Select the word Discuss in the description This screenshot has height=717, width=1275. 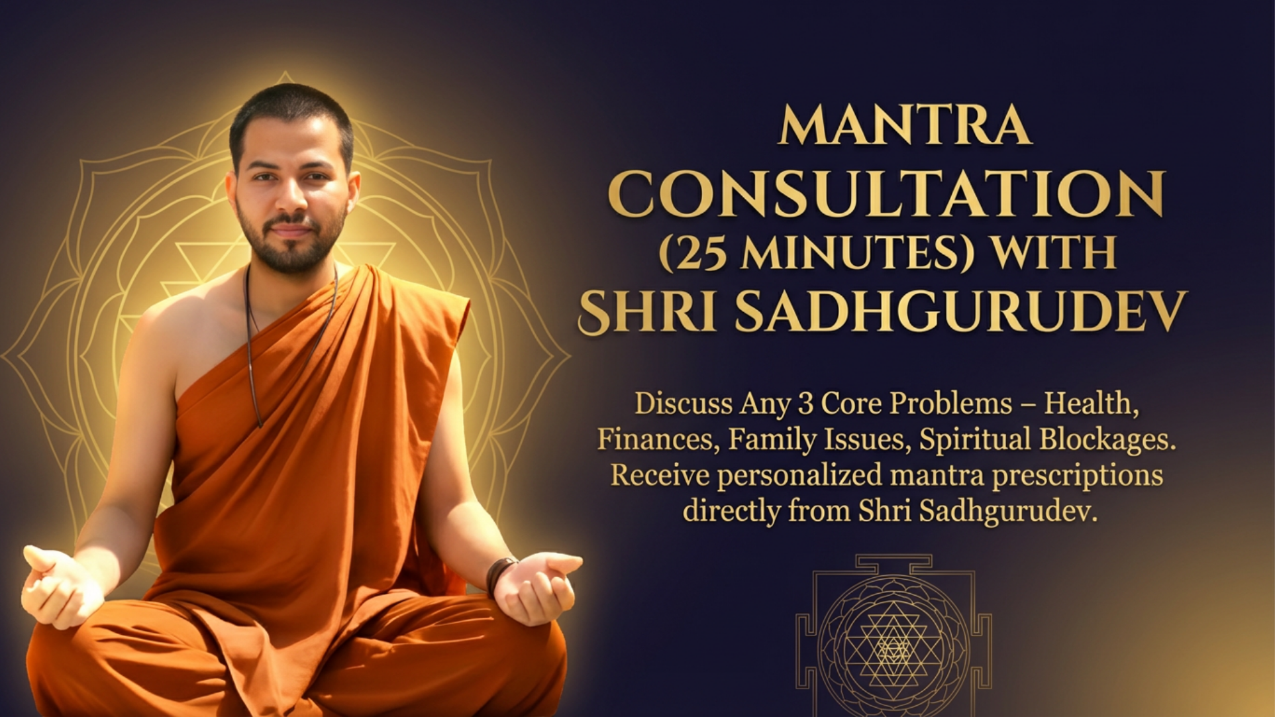click(684, 404)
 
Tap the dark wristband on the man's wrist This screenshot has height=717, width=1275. click(500, 575)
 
